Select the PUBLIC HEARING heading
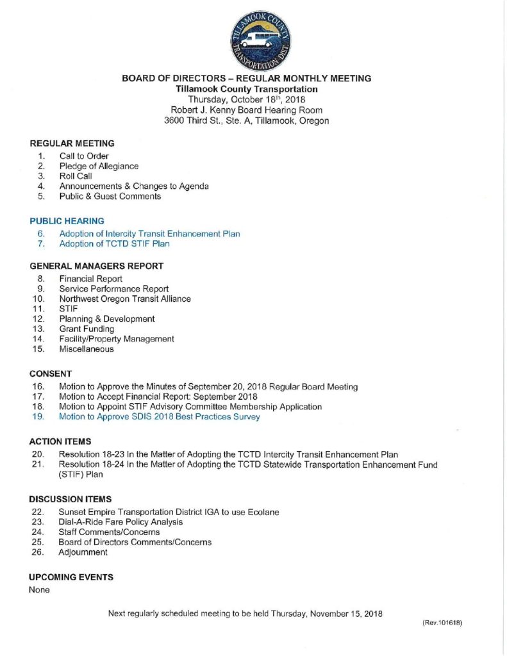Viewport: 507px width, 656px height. point(67,221)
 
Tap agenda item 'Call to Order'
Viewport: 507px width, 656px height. point(84,156)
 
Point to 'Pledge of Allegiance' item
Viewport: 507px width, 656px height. point(99,166)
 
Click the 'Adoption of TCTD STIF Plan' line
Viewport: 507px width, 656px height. point(114,243)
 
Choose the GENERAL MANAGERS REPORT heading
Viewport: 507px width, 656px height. point(96,266)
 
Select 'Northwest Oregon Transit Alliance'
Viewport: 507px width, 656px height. point(125,299)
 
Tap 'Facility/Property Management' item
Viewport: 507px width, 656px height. point(117,339)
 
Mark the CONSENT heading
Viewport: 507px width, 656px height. point(51,373)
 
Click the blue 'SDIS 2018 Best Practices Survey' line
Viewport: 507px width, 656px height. point(160,417)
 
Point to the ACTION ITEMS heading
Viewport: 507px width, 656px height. point(60,442)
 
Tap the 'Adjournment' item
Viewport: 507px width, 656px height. point(83,552)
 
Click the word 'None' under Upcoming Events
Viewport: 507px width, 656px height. point(40,590)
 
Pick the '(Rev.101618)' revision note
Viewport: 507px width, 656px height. point(442,623)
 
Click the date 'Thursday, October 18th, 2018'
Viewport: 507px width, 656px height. point(246,99)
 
